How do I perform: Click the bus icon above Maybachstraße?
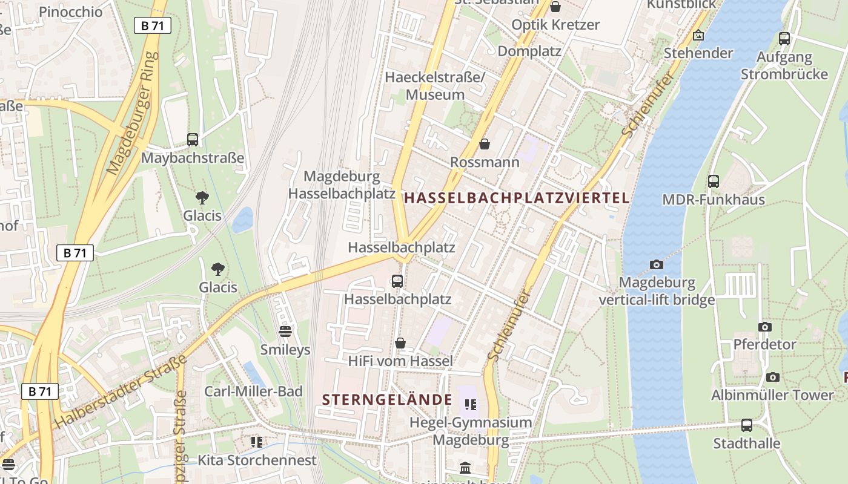coord(193,140)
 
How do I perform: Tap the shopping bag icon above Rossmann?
coord(485,144)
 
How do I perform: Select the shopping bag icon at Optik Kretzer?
coord(555,7)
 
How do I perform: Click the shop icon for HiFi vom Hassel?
coord(400,343)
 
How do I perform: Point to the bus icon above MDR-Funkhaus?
coord(714,181)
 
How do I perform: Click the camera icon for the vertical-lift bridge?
coord(656,264)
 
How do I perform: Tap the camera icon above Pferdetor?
coord(765,327)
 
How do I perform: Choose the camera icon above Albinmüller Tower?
coord(773,377)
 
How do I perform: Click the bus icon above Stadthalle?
coord(746,425)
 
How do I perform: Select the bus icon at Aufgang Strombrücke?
coord(784,39)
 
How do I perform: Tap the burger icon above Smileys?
coord(285,331)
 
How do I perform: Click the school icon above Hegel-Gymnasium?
coord(470,404)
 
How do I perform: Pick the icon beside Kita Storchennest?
coord(257,442)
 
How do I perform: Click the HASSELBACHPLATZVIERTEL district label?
coord(517,198)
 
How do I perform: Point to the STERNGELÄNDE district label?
coord(388,400)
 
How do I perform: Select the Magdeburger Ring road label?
coord(132,113)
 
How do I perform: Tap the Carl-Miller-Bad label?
coord(253,391)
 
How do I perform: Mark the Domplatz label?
coord(529,51)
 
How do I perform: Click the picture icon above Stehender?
coord(698,36)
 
